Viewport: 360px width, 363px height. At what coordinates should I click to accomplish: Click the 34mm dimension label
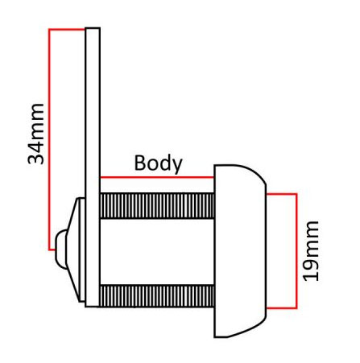35,134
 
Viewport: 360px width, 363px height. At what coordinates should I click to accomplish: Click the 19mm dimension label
311,251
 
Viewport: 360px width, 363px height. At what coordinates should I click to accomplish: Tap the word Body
158,163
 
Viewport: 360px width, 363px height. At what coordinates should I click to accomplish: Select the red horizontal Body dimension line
157,177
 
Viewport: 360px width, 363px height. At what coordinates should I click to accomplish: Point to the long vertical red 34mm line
49,139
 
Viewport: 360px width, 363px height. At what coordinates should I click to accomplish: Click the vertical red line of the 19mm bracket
296,251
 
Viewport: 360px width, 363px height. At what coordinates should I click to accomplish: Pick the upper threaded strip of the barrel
157,205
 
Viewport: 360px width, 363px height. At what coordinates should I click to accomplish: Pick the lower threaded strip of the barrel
157,296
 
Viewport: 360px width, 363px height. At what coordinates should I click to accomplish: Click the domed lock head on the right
240,251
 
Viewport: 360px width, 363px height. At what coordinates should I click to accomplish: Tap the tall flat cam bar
93,167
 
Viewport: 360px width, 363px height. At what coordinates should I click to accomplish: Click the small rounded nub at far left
61,250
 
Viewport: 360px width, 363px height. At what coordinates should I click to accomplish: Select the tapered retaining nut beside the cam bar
76,250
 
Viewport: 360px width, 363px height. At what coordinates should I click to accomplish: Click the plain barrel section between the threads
157,252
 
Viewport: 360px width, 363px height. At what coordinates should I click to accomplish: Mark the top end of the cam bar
93,28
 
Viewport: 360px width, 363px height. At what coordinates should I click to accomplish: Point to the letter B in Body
140,163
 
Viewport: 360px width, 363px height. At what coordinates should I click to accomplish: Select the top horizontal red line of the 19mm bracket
282,194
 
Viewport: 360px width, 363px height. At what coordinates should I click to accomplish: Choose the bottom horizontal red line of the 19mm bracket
282,308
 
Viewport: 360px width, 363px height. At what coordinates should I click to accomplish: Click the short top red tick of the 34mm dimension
67,29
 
